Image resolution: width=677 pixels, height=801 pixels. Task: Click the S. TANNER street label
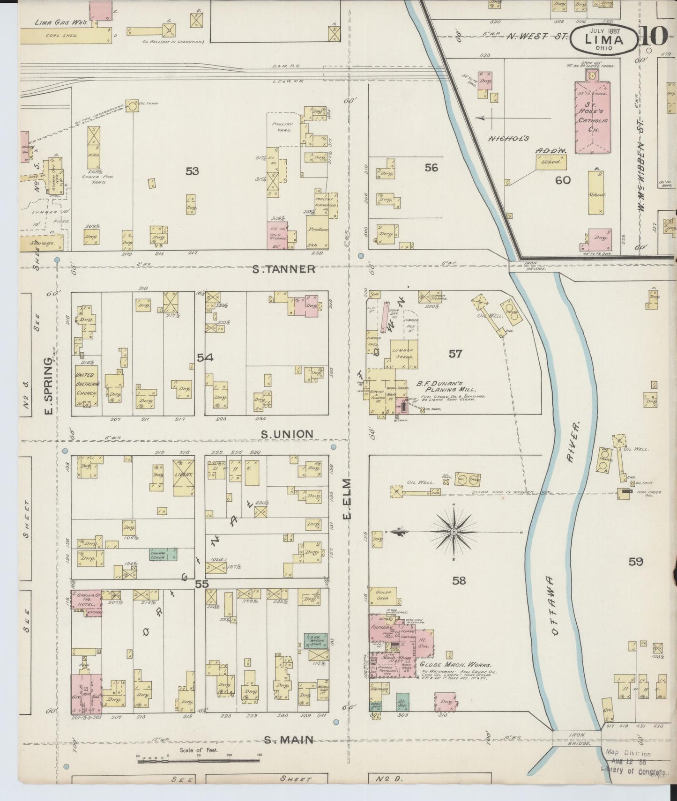(x=283, y=269)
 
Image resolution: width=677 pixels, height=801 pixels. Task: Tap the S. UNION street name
(x=287, y=434)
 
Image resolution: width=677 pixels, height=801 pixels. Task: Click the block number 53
(x=192, y=171)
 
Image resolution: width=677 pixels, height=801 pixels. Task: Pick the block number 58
(x=459, y=581)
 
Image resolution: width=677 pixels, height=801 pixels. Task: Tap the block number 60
(x=562, y=179)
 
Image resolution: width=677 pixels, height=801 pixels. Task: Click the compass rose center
(x=454, y=532)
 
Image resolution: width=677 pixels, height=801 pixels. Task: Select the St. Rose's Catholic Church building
(x=593, y=117)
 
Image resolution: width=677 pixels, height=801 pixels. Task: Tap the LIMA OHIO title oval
(x=603, y=39)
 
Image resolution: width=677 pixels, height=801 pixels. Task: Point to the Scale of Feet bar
(x=199, y=761)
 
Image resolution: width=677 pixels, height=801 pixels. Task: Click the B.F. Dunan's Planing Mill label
(x=446, y=386)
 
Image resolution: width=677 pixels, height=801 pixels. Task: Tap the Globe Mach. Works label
(x=455, y=665)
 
